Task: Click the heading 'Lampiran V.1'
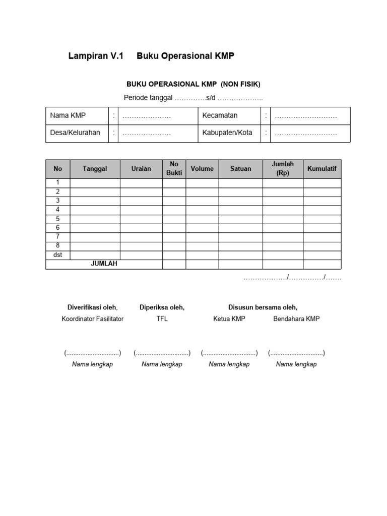(x=96, y=56)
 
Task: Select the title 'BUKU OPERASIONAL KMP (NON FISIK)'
(x=193, y=84)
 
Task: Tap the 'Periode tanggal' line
(x=193, y=98)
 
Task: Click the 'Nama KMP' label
(x=68, y=115)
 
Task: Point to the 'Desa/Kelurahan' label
(x=75, y=133)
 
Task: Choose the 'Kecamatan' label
(x=220, y=115)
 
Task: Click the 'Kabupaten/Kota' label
(x=227, y=133)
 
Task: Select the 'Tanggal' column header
(x=95, y=169)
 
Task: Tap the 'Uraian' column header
(x=141, y=169)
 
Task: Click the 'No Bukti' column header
(x=174, y=169)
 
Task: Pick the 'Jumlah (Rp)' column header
(x=283, y=169)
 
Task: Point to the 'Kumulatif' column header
(x=322, y=169)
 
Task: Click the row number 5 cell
(x=58, y=219)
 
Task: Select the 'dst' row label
(x=58, y=255)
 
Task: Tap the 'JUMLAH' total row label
(x=104, y=264)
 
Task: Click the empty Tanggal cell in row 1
(x=95, y=182)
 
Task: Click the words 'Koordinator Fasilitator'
(x=92, y=319)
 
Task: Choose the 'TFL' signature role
(x=162, y=319)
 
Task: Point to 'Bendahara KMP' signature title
(x=296, y=319)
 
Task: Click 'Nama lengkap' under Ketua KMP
(x=229, y=364)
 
